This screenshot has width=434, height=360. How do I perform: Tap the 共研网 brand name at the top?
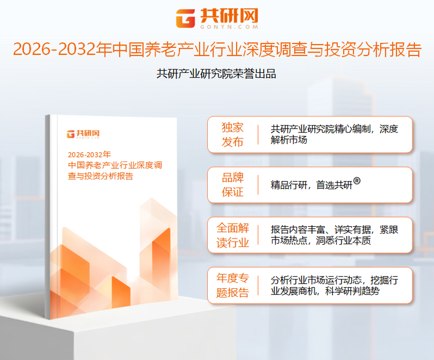coord(228,14)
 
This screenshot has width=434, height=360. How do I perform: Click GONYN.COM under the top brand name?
coord(228,27)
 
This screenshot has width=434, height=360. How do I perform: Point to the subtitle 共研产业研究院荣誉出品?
coord(216,74)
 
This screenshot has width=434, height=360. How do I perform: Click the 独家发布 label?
coord(233,134)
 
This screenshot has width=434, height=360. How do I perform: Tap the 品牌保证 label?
coord(233,185)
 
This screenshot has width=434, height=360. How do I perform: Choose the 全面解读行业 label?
coord(233,235)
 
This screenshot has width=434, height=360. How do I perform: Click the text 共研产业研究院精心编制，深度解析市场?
coord(334,134)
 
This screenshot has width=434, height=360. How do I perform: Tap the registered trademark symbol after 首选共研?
coord(357,181)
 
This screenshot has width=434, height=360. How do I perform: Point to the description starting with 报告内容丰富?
coord(334,235)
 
